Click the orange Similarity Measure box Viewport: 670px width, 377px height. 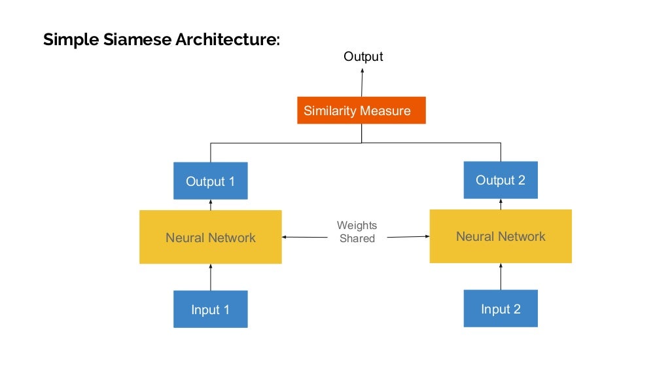361,110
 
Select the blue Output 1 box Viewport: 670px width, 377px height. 210,181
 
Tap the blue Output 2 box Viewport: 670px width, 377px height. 501,180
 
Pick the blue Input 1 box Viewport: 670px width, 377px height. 210,309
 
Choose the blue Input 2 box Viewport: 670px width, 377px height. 501,308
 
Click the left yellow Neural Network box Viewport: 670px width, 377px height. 210,237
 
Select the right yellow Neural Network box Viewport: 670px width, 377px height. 501,236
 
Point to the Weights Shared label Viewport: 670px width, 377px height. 357,232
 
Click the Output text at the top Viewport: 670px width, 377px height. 363,57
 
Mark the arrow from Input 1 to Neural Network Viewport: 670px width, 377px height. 210,277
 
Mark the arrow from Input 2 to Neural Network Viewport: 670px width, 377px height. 501,276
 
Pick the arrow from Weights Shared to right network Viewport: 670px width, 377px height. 407,237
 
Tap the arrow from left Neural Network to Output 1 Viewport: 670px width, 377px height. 210,205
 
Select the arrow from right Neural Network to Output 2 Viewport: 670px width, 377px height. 501,204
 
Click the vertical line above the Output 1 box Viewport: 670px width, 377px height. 210,152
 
